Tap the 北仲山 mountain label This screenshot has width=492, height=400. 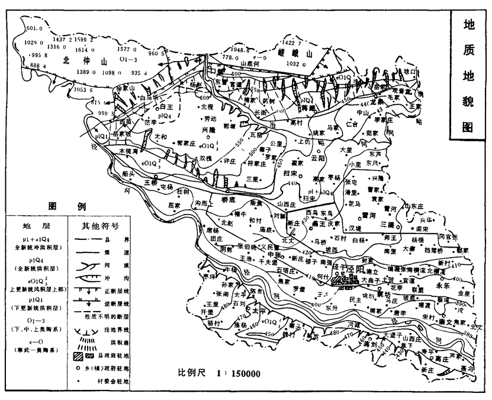(84, 59)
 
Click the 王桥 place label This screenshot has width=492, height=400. (153, 183)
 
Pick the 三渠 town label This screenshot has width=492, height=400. (388, 225)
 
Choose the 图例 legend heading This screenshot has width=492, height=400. (65, 206)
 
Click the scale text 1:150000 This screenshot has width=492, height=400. (245, 375)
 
